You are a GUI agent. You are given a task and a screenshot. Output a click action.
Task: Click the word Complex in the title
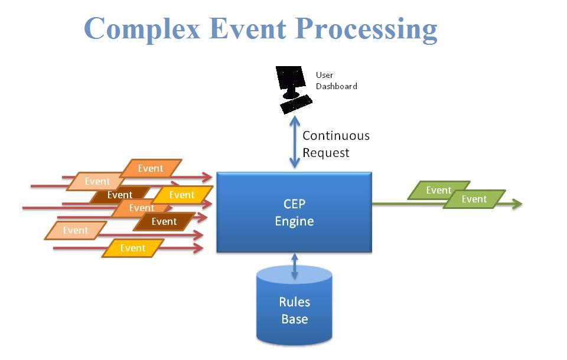coord(142,30)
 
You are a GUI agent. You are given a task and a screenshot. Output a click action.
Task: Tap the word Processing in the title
coord(366,30)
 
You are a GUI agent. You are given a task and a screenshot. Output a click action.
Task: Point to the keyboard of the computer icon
coord(296,104)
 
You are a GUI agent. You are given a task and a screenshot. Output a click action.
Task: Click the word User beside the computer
coord(324,75)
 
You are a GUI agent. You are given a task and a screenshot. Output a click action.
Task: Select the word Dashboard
coord(336,86)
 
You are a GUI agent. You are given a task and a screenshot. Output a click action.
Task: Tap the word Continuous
coord(336,136)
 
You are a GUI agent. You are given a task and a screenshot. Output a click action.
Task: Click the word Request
coord(326,153)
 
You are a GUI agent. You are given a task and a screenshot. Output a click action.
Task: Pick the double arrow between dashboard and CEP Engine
coord(295,142)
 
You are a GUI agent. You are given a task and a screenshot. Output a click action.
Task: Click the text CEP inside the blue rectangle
coord(294,204)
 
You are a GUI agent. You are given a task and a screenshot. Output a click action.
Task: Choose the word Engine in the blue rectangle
coord(294,221)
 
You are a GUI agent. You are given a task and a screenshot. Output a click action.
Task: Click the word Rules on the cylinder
coord(294,302)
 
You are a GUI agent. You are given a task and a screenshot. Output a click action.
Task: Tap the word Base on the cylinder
coord(294,319)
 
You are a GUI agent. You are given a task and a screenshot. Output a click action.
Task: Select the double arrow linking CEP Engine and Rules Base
coord(295,266)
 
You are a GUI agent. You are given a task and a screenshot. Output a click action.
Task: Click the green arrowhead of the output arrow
coord(517,204)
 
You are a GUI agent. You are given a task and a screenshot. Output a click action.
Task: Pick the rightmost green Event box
coord(474,199)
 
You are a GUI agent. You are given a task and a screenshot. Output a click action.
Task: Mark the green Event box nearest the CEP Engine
coord(439,190)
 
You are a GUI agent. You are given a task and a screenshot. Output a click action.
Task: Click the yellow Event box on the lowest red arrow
coord(133,248)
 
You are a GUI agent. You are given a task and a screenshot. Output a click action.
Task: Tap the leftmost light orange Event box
coord(76,230)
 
